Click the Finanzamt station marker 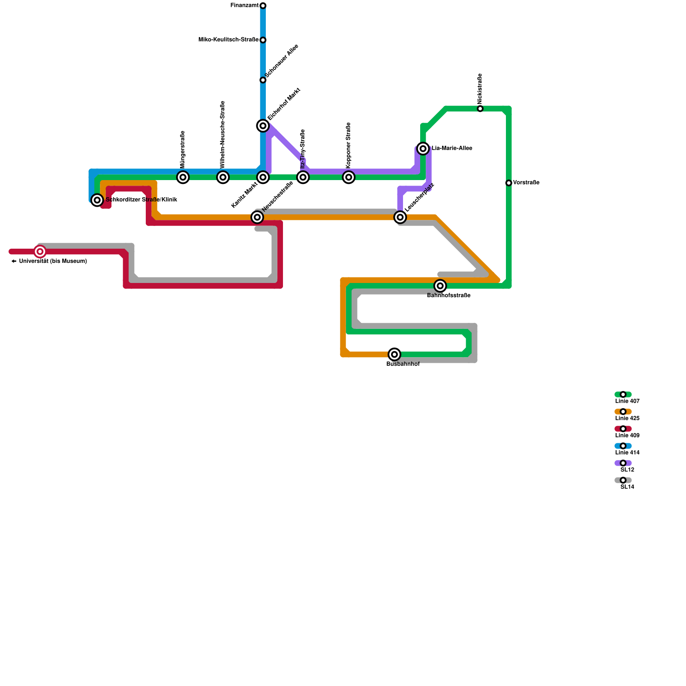263,6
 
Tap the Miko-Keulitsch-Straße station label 228,40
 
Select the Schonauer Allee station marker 263,80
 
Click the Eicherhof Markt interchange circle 263,126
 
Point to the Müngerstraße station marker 183,177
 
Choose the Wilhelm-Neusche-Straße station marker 223,177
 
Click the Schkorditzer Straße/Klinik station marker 97,200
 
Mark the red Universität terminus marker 40,252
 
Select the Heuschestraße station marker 257,217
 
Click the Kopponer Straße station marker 349,177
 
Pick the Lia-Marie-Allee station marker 423,149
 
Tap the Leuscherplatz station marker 400,217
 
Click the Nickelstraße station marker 480,109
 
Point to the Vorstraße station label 526,183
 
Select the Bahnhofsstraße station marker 440,286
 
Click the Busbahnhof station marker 394,355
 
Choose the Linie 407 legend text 627,401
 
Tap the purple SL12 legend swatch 623,463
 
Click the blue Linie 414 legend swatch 623,446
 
